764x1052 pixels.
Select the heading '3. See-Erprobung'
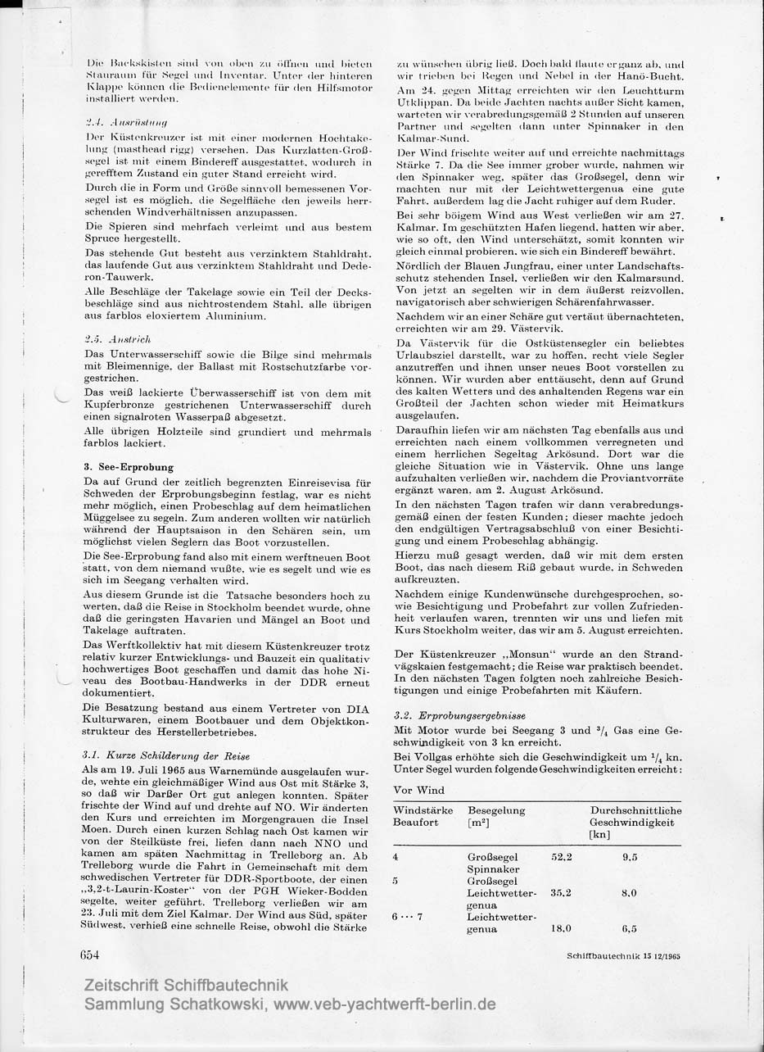click(x=128, y=467)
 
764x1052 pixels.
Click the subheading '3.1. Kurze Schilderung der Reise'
click(x=165, y=755)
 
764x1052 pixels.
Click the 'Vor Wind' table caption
click(x=419, y=790)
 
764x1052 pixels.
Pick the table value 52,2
click(x=563, y=856)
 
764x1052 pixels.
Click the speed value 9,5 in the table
click(x=629, y=856)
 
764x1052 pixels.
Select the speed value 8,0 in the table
click(x=629, y=893)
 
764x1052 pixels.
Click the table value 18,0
click(x=563, y=929)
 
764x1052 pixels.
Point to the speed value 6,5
click(x=629, y=929)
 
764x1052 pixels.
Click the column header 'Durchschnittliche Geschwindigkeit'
click(x=635, y=816)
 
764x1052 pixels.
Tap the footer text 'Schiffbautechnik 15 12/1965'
click(x=622, y=955)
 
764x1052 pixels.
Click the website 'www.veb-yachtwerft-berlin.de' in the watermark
click(x=384, y=1004)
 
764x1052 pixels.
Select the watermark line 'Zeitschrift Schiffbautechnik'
click(x=187, y=986)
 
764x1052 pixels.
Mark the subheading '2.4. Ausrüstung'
click(x=120, y=121)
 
